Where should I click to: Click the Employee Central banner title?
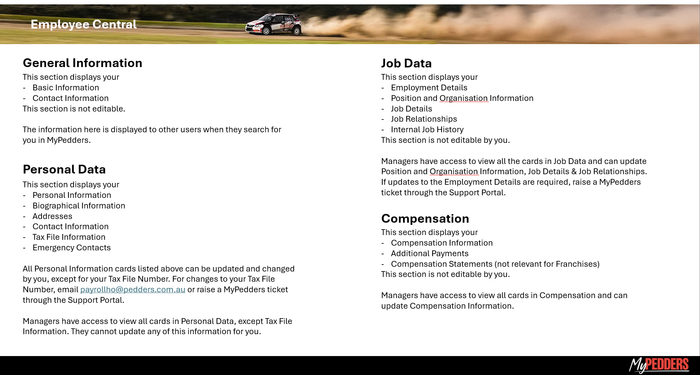[x=83, y=24]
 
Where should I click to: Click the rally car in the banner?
[x=274, y=24]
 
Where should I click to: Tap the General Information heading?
[x=82, y=63]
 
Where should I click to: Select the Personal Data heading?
[x=64, y=169]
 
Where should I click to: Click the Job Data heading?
[x=406, y=63]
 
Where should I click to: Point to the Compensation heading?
[x=425, y=219]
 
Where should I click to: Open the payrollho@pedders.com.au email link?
[x=133, y=290]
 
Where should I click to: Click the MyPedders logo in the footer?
[x=658, y=365]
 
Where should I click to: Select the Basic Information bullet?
[x=66, y=88]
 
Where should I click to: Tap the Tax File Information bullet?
[x=69, y=237]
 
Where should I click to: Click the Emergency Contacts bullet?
[x=71, y=248]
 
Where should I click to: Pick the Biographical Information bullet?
[x=79, y=206]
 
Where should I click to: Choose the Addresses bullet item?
[x=52, y=216]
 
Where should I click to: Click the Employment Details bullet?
[x=429, y=88]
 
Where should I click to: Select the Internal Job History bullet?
[x=427, y=130]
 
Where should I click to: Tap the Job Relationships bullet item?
[x=424, y=119]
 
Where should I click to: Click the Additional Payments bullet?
[x=430, y=254]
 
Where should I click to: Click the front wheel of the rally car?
[x=266, y=31]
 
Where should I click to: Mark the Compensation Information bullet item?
[x=442, y=243]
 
